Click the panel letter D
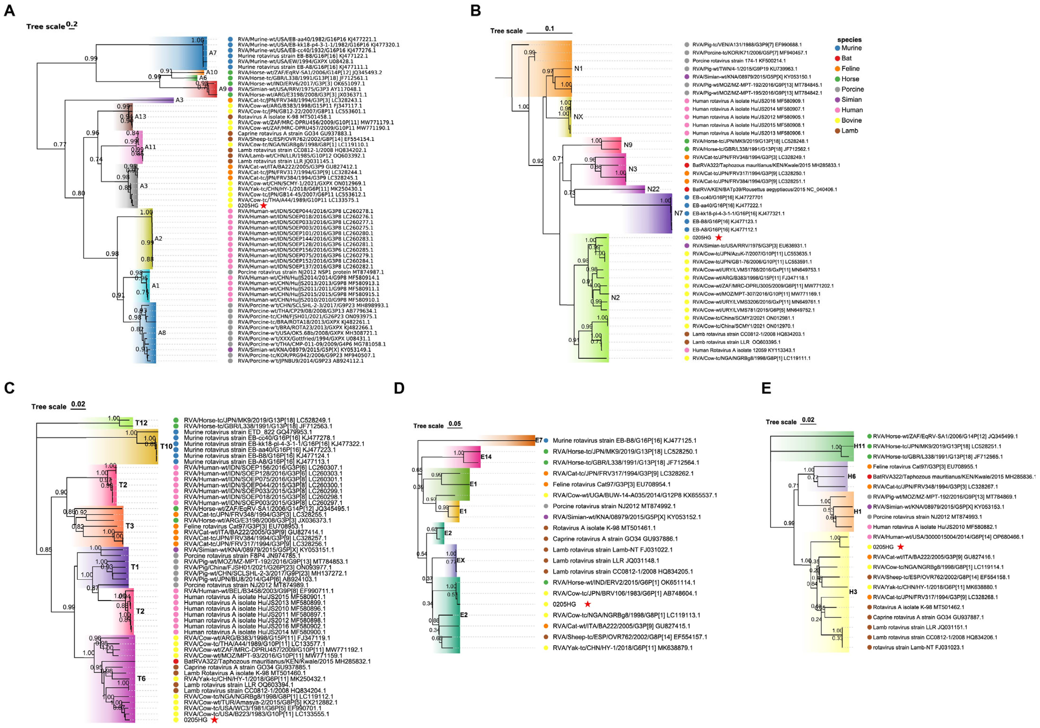(x=399, y=388)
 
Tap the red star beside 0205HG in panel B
(x=718, y=237)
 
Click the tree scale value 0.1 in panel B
(x=549, y=29)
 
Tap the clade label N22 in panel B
(x=653, y=189)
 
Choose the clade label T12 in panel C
(x=141, y=423)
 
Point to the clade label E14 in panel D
(x=486, y=457)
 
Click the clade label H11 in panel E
(x=859, y=446)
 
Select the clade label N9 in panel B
(x=628, y=145)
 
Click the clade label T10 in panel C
(x=166, y=446)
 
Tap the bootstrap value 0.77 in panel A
(x=60, y=145)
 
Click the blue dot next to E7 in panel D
(x=547, y=440)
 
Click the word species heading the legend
(x=849, y=40)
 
